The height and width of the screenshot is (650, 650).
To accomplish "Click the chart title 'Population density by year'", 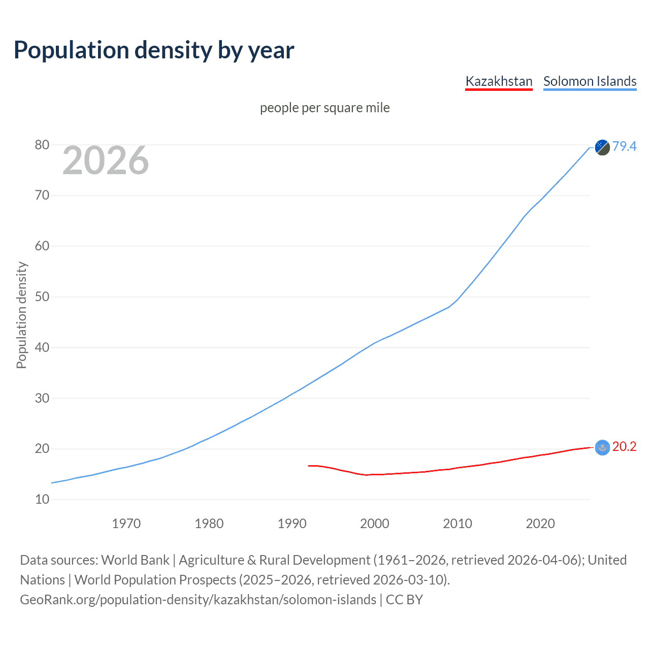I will coord(154,50).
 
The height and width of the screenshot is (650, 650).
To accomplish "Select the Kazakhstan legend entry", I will coord(499,81).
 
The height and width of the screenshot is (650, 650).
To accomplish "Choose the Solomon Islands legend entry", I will coord(590,81).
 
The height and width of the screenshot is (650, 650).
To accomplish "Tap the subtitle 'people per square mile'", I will coord(324,108).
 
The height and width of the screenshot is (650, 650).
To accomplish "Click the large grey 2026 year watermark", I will coord(106,160).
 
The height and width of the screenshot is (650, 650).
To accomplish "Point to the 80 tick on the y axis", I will coord(42,145).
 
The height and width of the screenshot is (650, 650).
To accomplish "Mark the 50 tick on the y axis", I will coord(42,297).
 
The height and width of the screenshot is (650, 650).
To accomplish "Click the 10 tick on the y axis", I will coord(42,499).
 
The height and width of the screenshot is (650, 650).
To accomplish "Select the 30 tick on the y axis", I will coord(42,398).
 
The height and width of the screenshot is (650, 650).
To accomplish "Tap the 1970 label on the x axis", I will coord(126,524).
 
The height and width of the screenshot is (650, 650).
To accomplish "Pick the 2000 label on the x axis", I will coord(374,524).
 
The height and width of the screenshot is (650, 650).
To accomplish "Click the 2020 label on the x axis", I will coord(540,524).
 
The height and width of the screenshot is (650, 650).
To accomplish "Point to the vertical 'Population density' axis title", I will coord(21,315).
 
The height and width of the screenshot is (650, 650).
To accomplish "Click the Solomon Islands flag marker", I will coord(602,147).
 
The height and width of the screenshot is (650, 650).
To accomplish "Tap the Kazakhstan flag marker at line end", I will coord(602,447).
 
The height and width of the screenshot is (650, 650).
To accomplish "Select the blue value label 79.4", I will coord(624,146).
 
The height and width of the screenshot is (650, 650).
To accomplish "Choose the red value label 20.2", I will coord(624,446).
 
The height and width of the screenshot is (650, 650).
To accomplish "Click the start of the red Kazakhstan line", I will coord(309,465).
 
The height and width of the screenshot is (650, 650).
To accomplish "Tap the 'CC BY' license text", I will coord(404,599).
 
